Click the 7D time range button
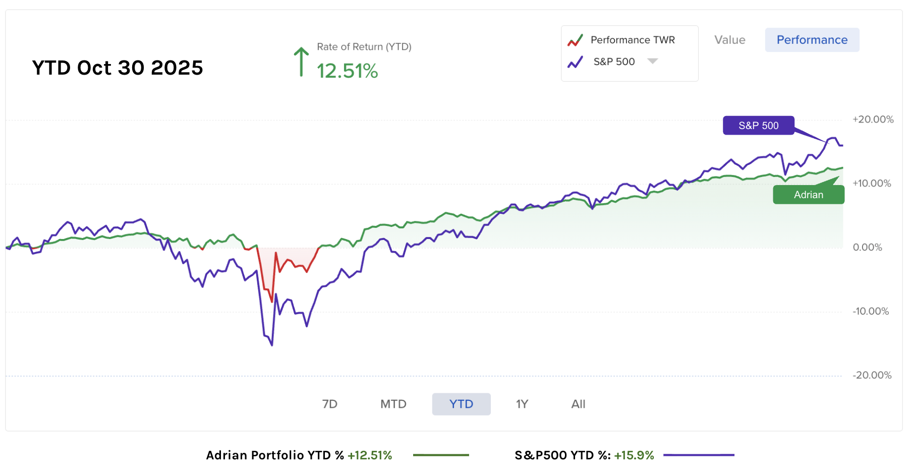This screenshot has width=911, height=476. [329, 404]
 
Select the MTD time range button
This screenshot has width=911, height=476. [393, 404]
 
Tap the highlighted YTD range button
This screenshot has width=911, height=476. [461, 404]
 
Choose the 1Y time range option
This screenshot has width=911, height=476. [522, 404]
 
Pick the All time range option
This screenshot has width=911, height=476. [578, 404]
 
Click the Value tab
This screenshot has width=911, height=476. [729, 40]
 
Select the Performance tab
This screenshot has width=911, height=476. [812, 40]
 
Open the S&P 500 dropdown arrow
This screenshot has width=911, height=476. [653, 61]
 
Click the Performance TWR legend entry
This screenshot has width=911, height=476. [632, 40]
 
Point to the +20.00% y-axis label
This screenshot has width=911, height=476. [873, 120]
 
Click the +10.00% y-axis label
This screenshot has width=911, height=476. [872, 184]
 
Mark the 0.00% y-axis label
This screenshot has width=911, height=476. [867, 248]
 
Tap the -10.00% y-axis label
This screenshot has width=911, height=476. [871, 312]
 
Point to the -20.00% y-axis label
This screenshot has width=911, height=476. [872, 376]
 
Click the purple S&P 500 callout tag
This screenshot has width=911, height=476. [758, 126]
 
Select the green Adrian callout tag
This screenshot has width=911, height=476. [808, 195]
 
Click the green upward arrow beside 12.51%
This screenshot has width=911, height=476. [301, 62]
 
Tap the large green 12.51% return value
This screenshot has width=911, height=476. [347, 71]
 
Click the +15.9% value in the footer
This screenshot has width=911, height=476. [634, 455]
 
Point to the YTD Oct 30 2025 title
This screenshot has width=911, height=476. [118, 68]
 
